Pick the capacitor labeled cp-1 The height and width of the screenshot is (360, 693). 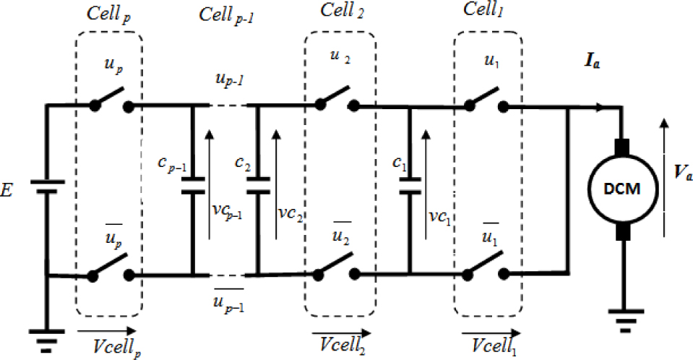(x=193, y=190)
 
